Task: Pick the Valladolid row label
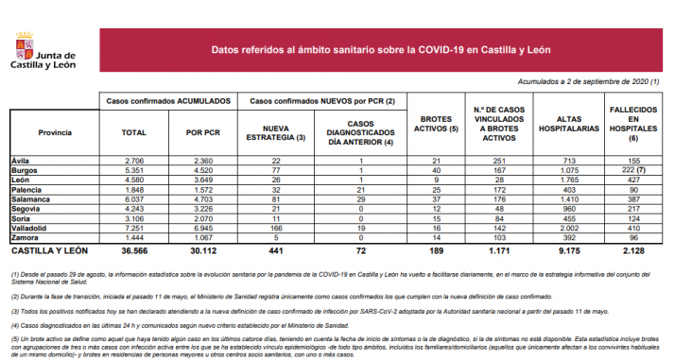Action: click(31, 229)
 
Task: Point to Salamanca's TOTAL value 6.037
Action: click(134, 199)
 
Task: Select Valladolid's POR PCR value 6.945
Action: click(201, 229)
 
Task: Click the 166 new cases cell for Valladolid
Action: click(276, 229)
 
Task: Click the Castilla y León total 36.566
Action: click(133, 252)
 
